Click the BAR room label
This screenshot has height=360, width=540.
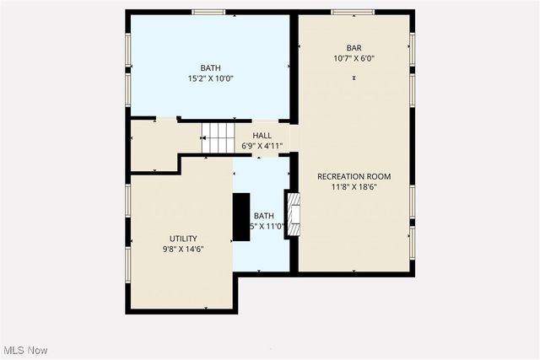pyautogui.click(x=354, y=47)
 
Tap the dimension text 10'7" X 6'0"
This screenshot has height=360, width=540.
pyautogui.click(x=354, y=59)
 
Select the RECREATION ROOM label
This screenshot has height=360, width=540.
pyautogui.click(x=354, y=176)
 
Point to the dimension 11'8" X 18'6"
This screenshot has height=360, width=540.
pyautogui.click(x=354, y=188)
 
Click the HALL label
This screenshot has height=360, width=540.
pyautogui.click(x=262, y=135)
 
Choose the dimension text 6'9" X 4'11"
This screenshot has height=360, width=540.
pyautogui.click(x=262, y=146)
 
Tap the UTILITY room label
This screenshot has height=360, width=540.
pyautogui.click(x=183, y=239)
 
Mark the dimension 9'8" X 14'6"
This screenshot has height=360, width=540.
pyautogui.click(x=183, y=250)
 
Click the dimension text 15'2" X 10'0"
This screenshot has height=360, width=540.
pyautogui.click(x=210, y=78)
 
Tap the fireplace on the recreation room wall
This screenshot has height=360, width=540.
pyautogui.click(x=294, y=214)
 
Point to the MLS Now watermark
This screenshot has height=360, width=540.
pyautogui.click(x=24, y=350)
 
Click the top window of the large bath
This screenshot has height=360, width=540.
pyautogui.click(x=208, y=13)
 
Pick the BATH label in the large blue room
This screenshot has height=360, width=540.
pyautogui.click(x=210, y=67)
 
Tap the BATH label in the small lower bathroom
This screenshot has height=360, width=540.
pyautogui.click(x=264, y=215)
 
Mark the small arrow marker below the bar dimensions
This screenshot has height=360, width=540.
pyautogui.click(x=354, y=78)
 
